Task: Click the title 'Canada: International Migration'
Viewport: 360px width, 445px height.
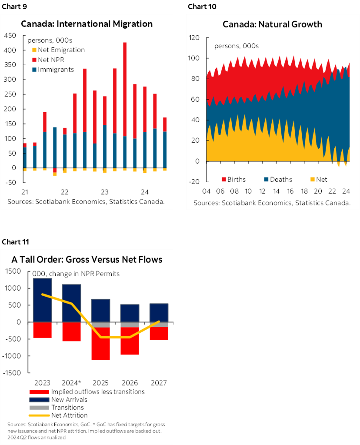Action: pos(87,23)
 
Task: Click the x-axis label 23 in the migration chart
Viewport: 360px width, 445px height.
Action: pos(105,192)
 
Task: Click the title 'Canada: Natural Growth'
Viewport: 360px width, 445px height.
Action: pos(272,24)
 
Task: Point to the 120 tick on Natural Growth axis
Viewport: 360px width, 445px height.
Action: pos(194,38)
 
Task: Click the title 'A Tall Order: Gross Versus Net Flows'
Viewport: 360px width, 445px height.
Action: pos(87,259)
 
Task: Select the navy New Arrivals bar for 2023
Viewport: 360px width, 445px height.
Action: pos(42,300)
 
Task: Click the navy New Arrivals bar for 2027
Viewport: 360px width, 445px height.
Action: pos(159,312)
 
